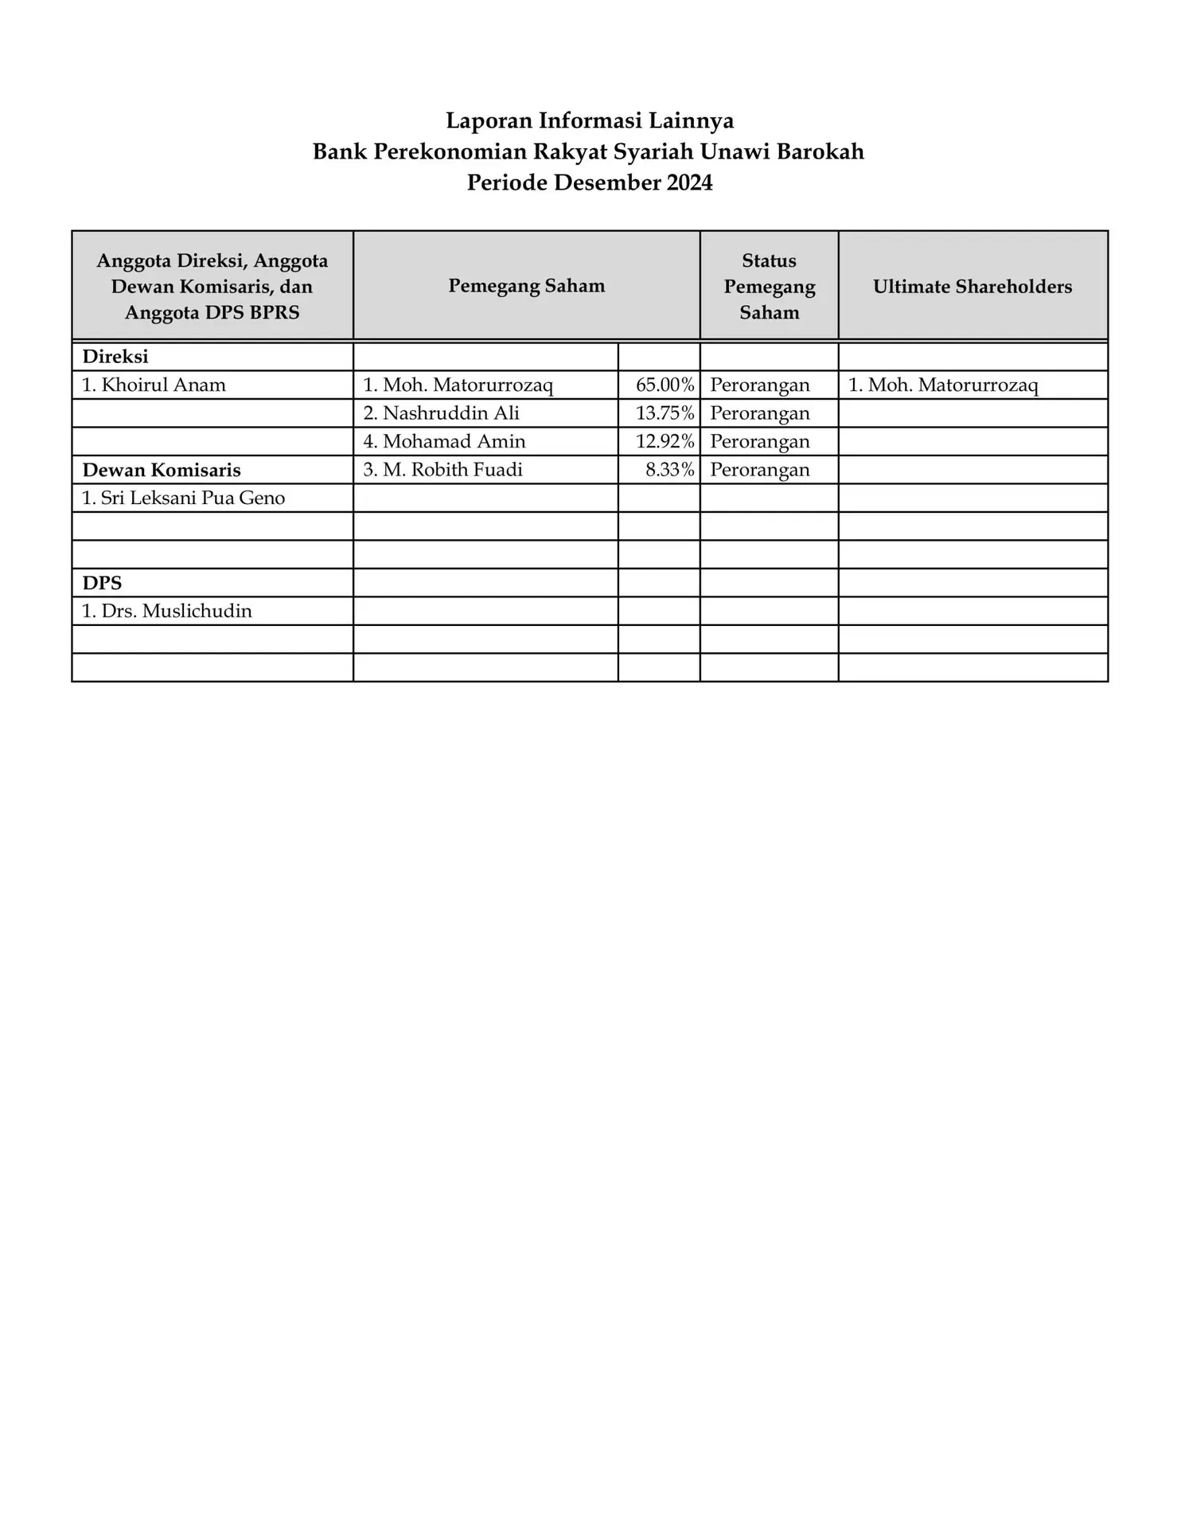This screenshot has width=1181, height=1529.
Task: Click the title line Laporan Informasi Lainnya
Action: pos(590,121)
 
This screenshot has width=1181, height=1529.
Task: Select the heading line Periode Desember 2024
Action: pos(590,183)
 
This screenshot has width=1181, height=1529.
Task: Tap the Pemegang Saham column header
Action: pos(526,286)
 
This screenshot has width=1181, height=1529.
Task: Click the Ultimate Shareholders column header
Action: pos(972,287)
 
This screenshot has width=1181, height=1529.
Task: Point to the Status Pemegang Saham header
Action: pos(769,287)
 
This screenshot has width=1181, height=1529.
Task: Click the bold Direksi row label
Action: pos(115,357)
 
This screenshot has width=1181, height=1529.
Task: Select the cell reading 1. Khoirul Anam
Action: pos(154,385)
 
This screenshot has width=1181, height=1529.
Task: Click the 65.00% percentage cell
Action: pos(665,385)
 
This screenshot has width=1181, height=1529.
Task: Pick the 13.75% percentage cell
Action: pos(665,413)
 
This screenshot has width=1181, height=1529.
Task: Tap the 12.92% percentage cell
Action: pos(665,442)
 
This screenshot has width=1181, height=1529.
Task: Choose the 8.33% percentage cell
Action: pos(669,470)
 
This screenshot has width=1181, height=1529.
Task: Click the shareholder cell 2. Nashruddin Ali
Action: pos(442,413)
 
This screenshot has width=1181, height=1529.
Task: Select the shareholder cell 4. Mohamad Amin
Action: pos(445,442)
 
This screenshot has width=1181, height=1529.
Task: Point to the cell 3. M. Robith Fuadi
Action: pos(443,470)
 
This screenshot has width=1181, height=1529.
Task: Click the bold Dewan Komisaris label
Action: pos(162,471)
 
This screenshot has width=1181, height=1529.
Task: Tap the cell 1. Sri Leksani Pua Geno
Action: pos(183,499)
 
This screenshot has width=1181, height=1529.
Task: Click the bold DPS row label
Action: pos(102,583)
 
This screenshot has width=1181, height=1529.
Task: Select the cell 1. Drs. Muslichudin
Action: pos(166,612)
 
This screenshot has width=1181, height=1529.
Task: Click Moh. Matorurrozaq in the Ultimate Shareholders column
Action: pos(943,385)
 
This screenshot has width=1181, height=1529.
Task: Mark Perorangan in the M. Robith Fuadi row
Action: pos(760,470)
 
